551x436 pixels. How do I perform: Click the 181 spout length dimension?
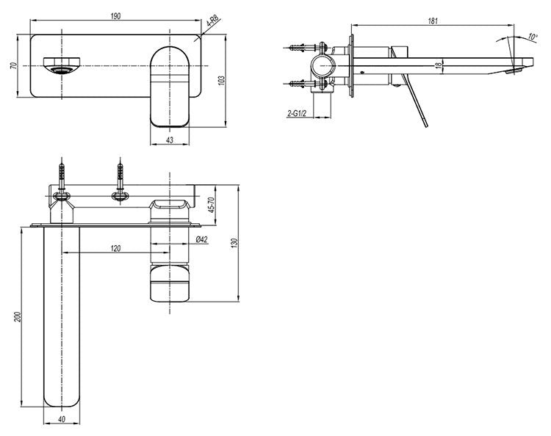tap(433, 21)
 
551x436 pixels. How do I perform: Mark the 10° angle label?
tap(532, 35)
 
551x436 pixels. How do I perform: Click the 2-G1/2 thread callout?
tap(298, 115)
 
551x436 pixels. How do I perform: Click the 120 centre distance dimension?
tap(116, 249)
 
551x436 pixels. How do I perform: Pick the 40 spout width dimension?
tap(61, 419)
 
